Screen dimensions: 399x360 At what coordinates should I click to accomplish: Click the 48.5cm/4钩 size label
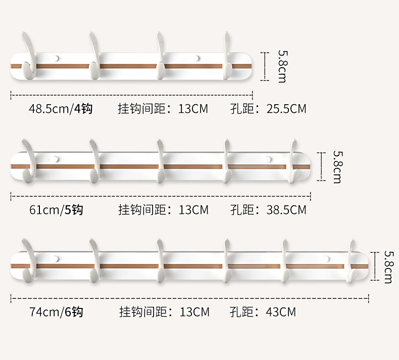coord(61,108)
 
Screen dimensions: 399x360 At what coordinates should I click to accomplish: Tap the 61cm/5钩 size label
coord(56,209)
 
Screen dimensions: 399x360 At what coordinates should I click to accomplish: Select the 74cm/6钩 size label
coord(56,311)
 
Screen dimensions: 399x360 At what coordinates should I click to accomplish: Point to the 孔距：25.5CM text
coord(268,108)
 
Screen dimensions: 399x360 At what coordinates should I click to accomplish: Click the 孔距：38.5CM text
coord(268,209)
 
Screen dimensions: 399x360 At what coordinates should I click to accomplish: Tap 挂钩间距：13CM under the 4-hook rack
coord(163,108)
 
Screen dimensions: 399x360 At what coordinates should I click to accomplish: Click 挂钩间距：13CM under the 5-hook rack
coord(163,209)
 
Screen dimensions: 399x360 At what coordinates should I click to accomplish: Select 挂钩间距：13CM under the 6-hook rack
coord(164,311)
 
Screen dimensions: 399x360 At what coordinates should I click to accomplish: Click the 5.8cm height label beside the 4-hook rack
coord(281,66)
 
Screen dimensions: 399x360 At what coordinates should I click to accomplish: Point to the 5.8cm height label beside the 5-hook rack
coord(336,167)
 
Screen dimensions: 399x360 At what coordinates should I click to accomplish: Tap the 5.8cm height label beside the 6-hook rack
coord(388,267)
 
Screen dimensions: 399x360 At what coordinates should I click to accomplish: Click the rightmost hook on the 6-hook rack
coord(353,262)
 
